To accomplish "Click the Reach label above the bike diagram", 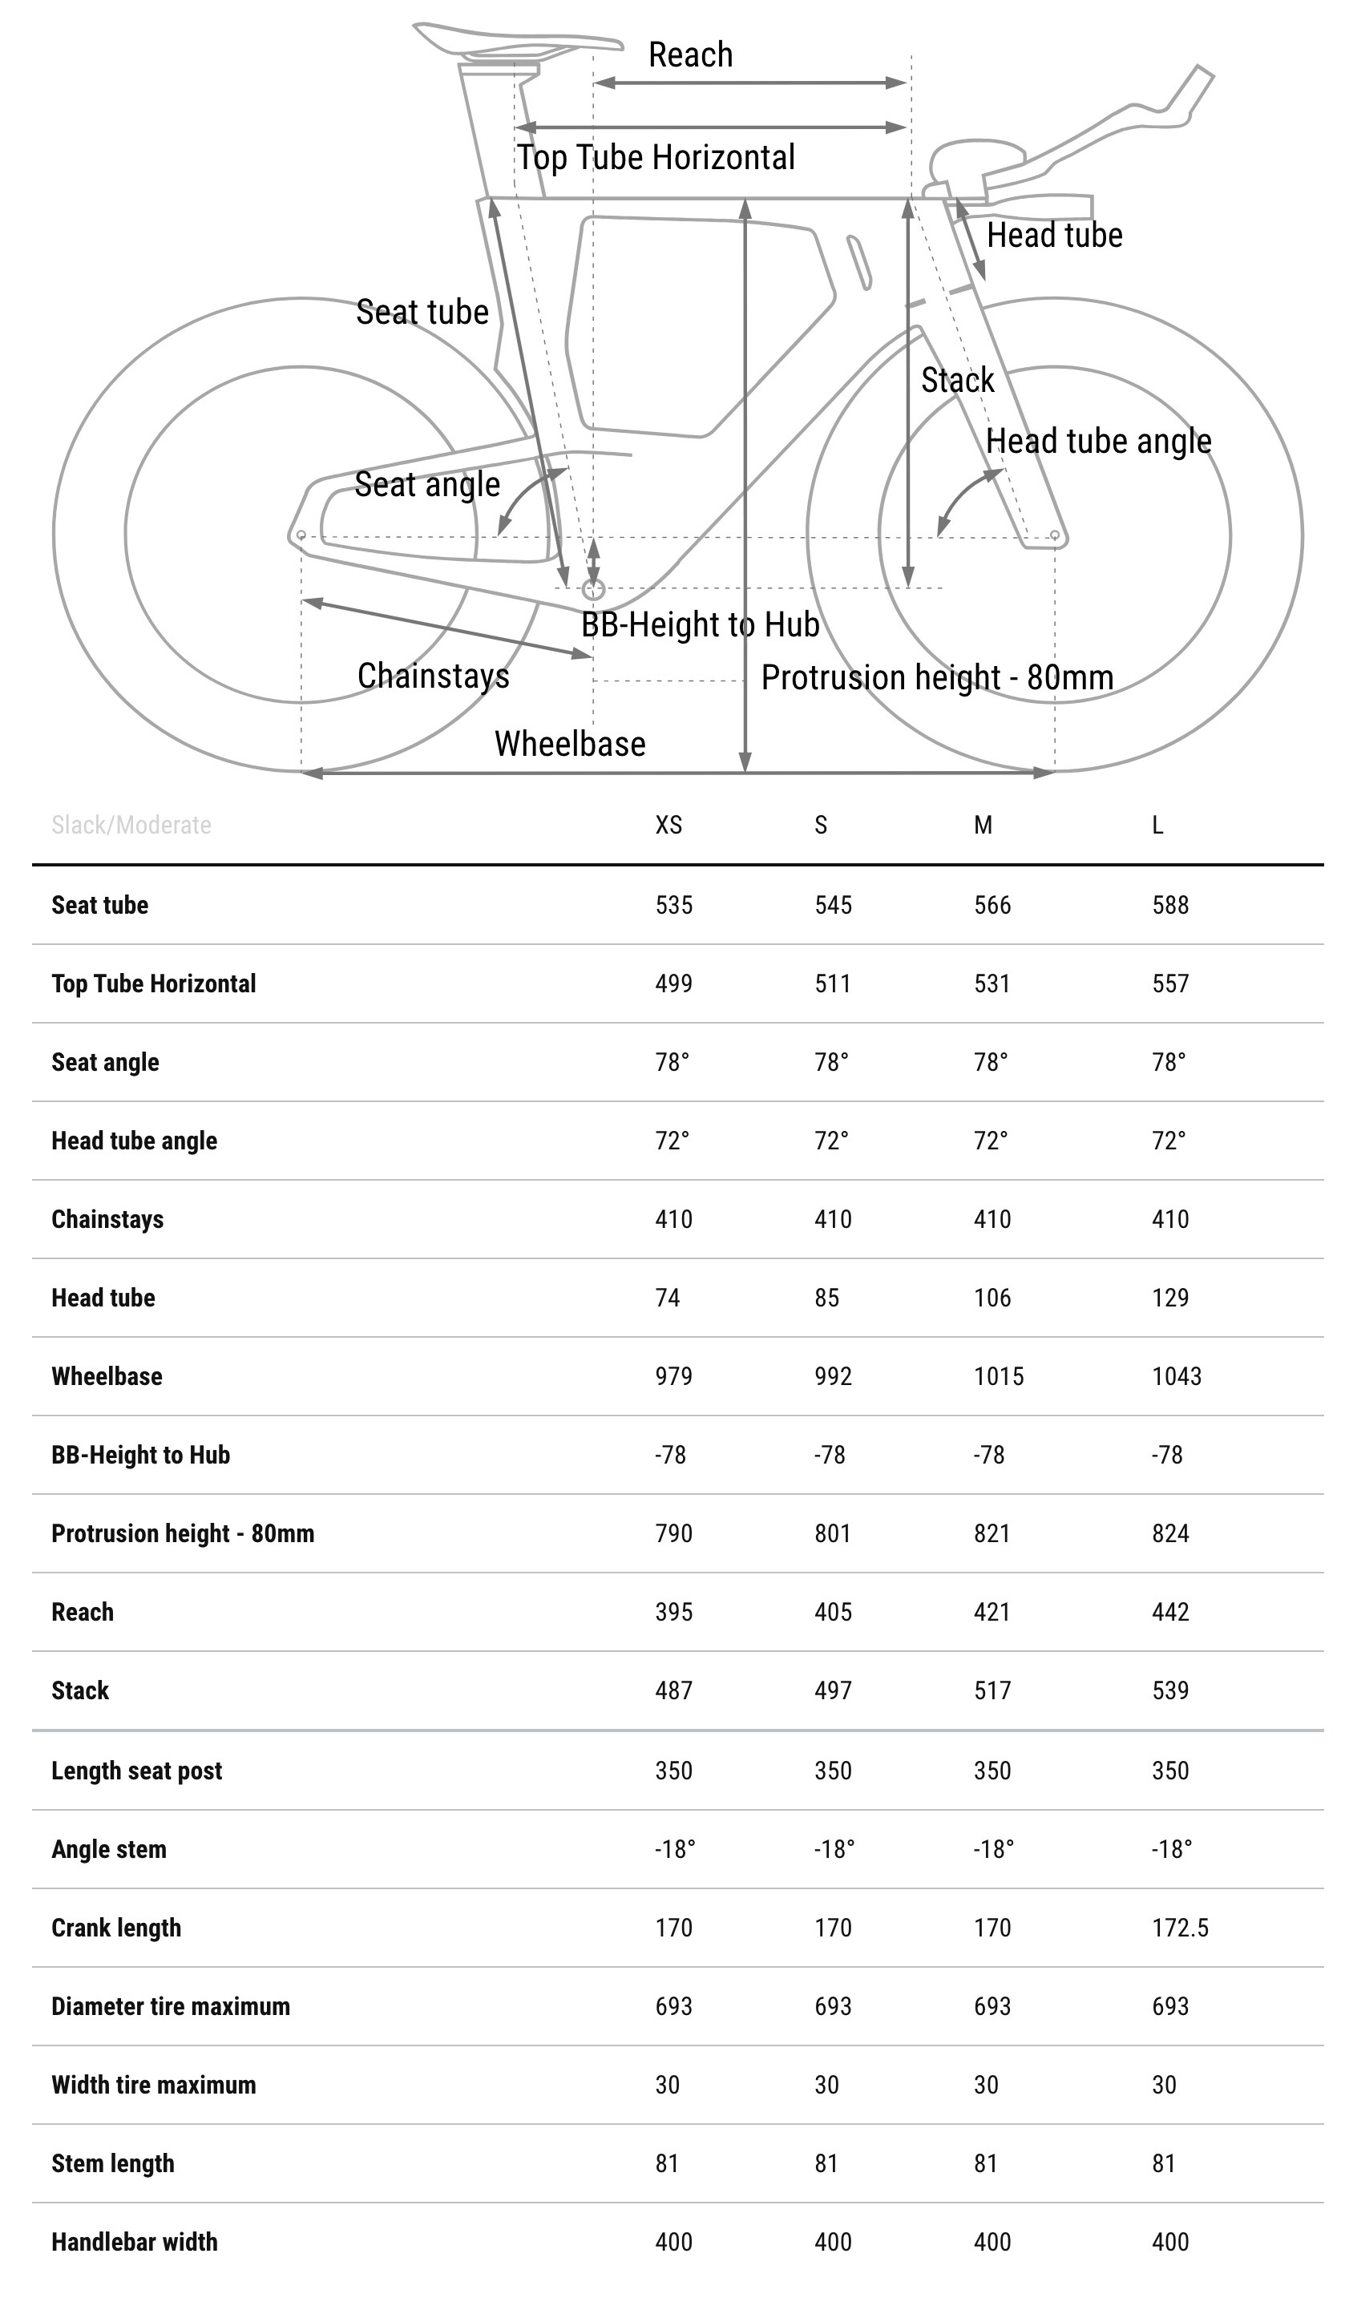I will point(690,55).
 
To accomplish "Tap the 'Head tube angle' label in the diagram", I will point(1098,442).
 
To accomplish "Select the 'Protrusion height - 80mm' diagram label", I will point(936,677).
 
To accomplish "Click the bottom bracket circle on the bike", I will point(593,588).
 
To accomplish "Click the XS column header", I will point(668,825).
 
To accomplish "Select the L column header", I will point(1157,825).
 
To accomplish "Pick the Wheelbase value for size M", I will point(998,1375).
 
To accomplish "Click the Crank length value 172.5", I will point(1180,1928).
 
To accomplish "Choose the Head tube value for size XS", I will point(668,1298).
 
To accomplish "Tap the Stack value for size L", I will point(1169,1690).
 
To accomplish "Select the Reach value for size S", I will point(833,1612).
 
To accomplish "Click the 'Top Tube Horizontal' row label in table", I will point(153,983).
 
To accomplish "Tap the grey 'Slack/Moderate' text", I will point(131,825).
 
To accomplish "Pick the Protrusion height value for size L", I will point(1169,1533).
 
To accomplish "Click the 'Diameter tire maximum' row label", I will point(171,2006).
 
